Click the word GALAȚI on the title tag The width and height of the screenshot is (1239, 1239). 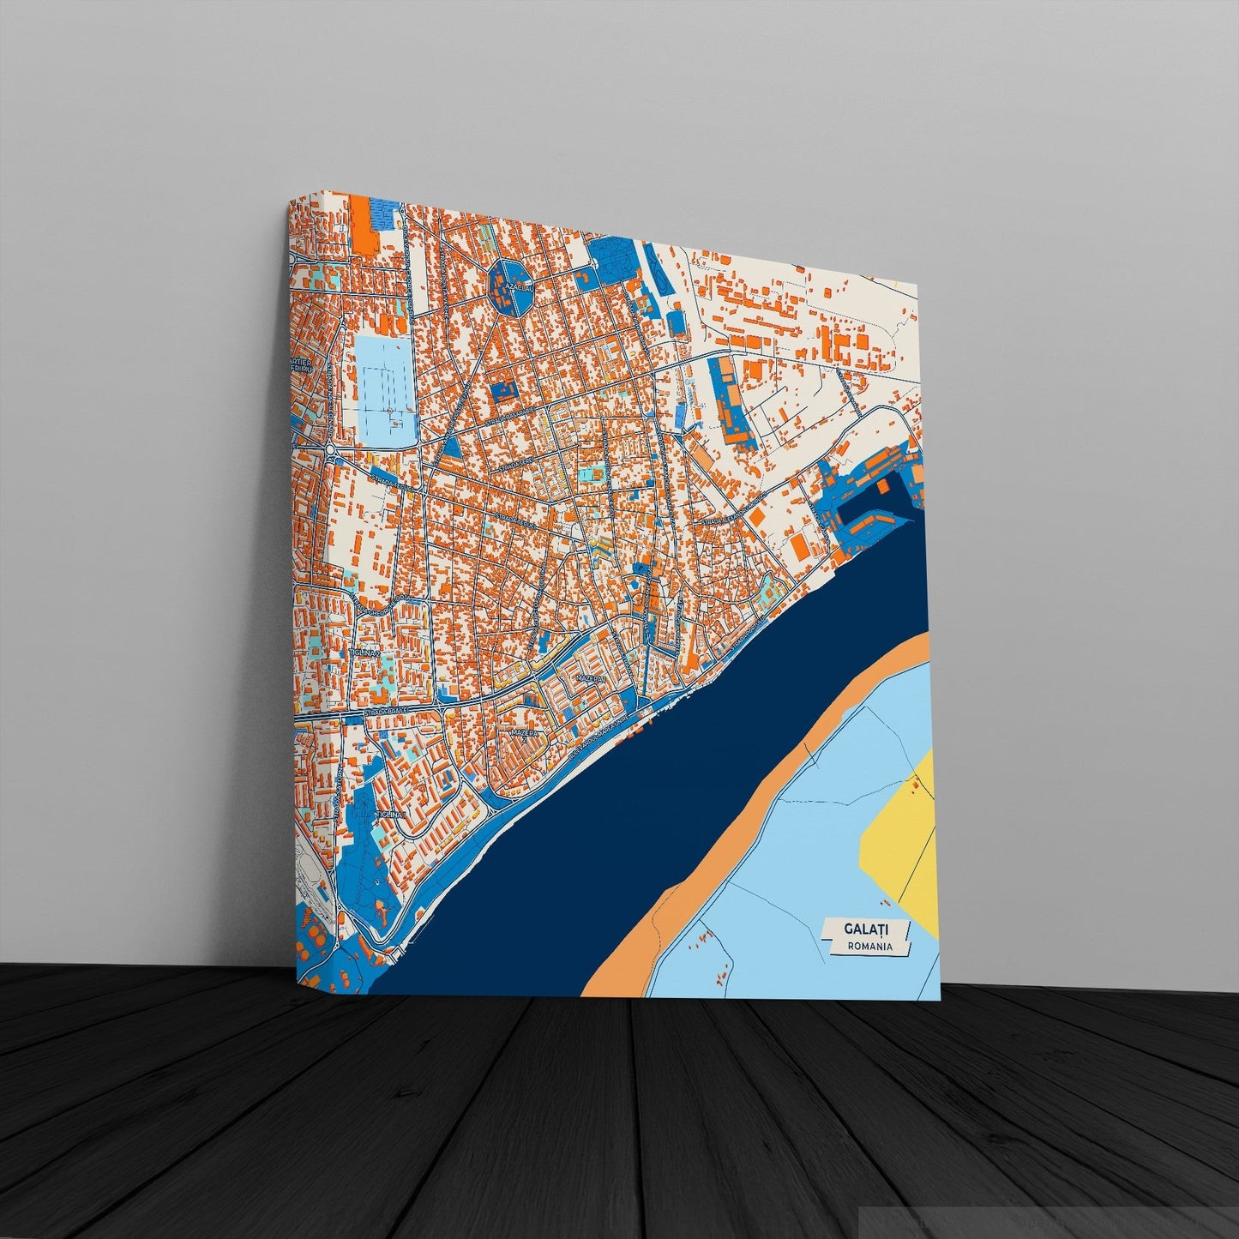pos(866,929)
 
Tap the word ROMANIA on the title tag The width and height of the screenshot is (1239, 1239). pos(869,947)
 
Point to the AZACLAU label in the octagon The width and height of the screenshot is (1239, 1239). pos(518,286)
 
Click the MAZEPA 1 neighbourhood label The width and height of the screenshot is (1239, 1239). pos(591,677)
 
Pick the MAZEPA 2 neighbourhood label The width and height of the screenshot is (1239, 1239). pos(524,734)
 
